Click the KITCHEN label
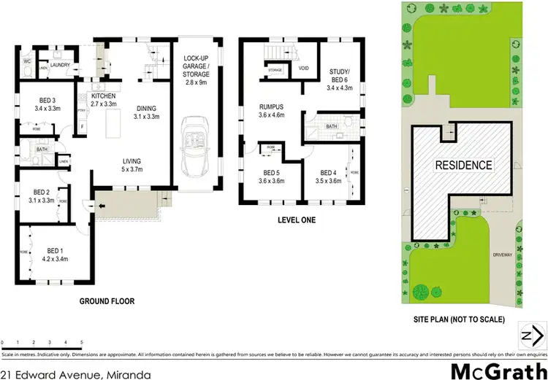pyautogui.click(x=103, y=96)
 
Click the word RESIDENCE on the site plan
pyautogui.click(x=463, y=165)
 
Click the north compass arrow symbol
pyautogui.click(x=532, y=335)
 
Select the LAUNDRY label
pyautogui.click(x=60, y=65)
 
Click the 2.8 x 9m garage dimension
pyautogui.click(x=197, y=83)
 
